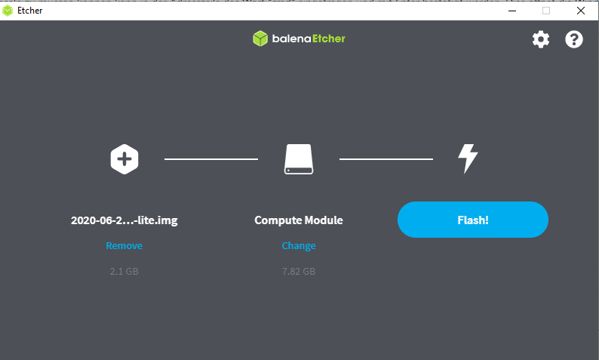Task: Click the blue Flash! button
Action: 472,220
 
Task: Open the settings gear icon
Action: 541,39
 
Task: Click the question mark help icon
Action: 574,39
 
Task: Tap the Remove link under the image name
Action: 124,246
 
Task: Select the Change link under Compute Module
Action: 299,246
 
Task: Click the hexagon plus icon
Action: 124,159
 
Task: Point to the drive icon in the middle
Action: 299,159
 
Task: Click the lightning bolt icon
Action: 468,158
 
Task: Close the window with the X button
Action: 581,11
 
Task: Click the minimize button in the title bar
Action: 512,11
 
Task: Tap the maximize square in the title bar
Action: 546,11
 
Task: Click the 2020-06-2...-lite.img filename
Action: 124,220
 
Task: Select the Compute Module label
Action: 299,220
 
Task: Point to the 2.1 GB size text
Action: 124,272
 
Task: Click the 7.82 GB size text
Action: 299,272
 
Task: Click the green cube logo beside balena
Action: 260,38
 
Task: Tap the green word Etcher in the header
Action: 329,38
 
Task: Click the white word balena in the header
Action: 291,38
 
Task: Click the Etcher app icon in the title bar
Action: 8,11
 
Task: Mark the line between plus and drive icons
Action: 211,159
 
